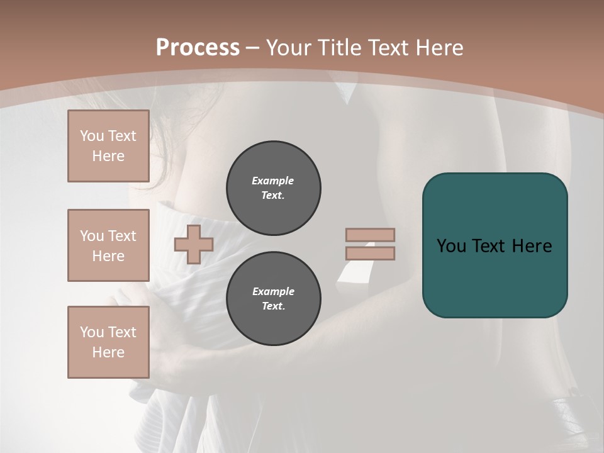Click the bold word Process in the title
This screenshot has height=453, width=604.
pyautogui.click(x=198, y=48)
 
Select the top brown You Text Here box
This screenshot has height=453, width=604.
pyautogui.click(x=108, y=146)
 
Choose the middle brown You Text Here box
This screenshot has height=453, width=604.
pyautogui.click(x=108, y=245)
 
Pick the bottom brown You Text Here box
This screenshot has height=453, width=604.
pyautogui.click(x=108, y=342)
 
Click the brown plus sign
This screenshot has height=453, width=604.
pyautogui.click(x=194, y=245)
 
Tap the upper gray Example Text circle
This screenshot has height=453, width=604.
pyautogui.click(x=274, y=188)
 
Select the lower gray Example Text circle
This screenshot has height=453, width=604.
pyautogui.click(x=274, y=299)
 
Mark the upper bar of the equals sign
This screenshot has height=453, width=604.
pyautogui.click(x=370, y=235)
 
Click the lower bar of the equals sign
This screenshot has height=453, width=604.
pyautogui.click(x=370, y=254)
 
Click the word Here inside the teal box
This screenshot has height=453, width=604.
pyautogui.click(x=532, y=246)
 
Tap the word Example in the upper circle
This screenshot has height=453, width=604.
pyautogui.click(x=273, y=181)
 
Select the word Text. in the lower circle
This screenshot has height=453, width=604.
pyautogui.click(x=273, y=306)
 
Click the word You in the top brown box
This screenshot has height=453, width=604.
pyautogui.click(x=91, y=136)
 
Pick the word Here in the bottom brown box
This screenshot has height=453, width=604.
pyautogui.click(x=108, y=352)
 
